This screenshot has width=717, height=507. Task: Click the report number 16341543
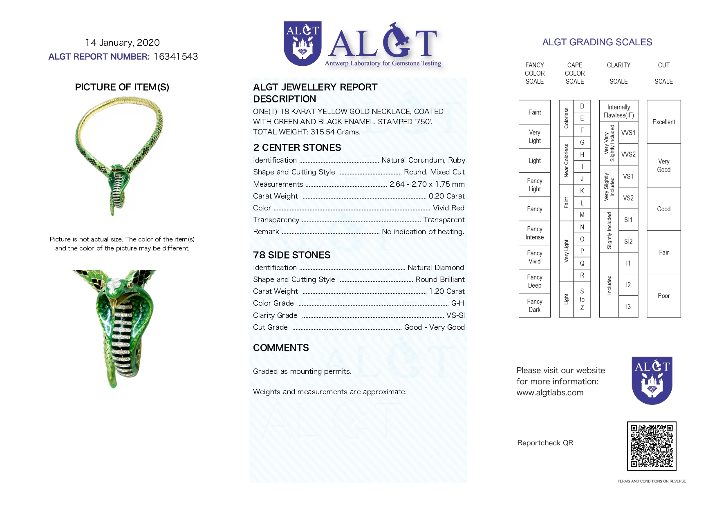point(176,56)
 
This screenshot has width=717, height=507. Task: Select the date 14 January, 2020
point(123,42)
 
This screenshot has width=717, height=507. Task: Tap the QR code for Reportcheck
point(652,446)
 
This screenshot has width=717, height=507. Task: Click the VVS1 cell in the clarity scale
point(628,133)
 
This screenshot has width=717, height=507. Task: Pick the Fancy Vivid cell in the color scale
point(534,257)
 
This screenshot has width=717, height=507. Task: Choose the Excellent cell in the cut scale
point(663,122)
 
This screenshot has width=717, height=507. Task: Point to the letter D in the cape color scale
point(582,106)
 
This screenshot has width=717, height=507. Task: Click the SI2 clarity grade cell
point(628,241)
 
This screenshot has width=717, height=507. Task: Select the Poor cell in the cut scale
point(663,296)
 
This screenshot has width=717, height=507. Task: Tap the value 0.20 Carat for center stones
point(446,196)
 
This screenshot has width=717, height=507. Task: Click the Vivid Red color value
point(448,208)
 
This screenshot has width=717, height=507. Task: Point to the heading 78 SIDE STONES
point(291,255)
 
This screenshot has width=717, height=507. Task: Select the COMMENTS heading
point(281,348)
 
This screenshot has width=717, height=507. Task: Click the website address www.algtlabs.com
point(550,393)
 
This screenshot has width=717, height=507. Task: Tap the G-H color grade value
point(457,303)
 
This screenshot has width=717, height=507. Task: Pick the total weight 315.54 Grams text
point(307,132)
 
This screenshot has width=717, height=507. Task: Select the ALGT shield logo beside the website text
point(652,380)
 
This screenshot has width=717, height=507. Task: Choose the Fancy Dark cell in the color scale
point(534,306)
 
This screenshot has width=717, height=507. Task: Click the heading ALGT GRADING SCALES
point(597,42)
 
